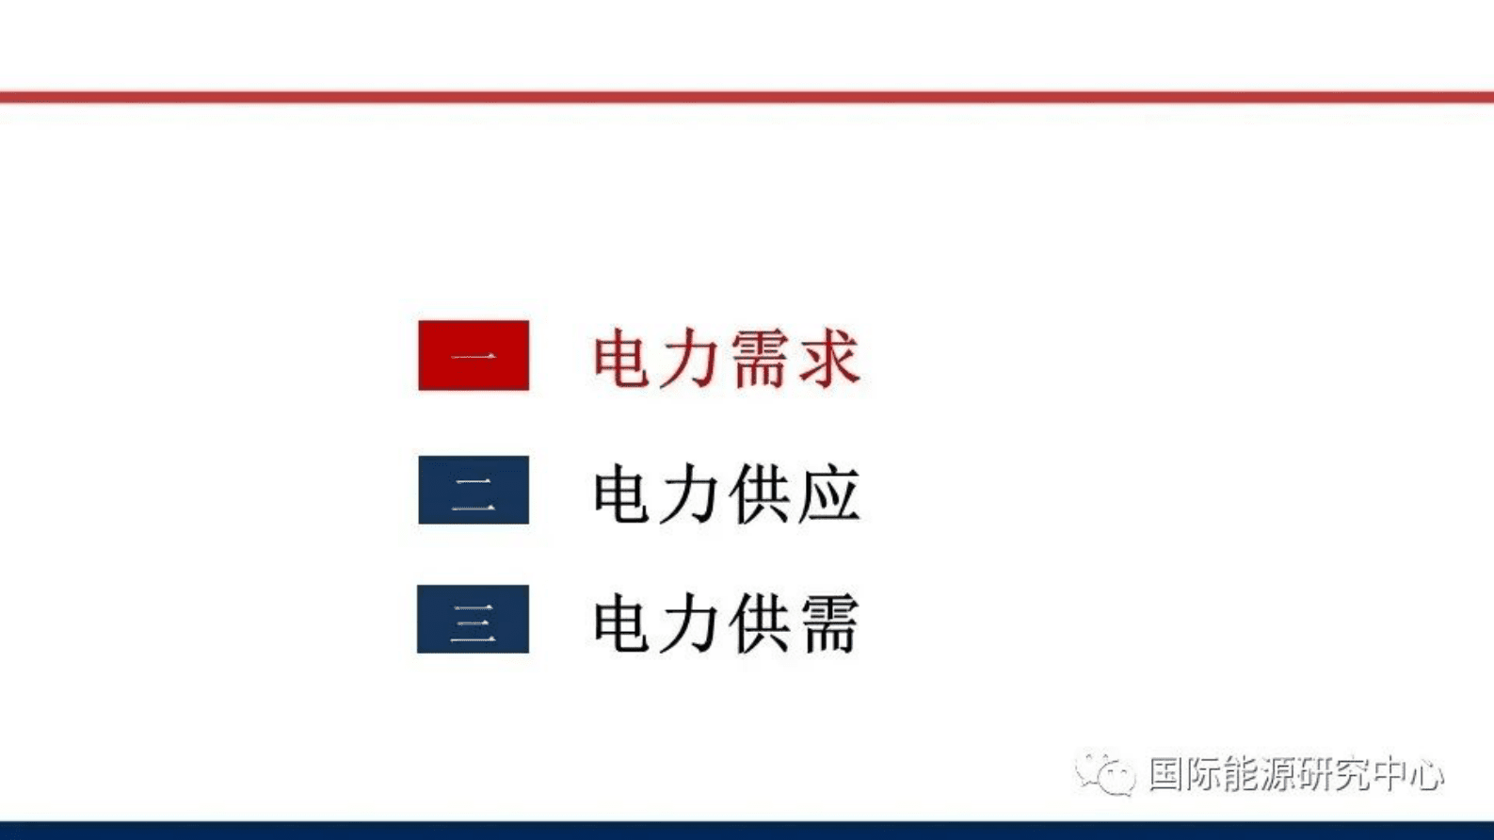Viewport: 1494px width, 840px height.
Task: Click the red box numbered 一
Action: pyautogui.click(x=474, y=355)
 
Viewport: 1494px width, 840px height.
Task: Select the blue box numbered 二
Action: pyautogui.click(x=474, y=490)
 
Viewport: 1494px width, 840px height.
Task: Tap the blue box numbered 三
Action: pyautogui.click(x=474, y=619)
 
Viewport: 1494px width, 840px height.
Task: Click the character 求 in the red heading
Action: pyautogui.click(x=828, y=358)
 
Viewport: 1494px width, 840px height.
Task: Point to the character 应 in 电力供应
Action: pyautogui.click(x=828, y=493)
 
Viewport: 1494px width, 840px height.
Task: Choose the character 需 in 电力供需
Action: pyautogui.click(x=828, y=622)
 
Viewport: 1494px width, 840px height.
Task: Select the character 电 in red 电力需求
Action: pyautogui.click(x=622, y=358)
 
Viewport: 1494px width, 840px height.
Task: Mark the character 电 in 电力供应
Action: pyautogui.click(x=622, y=493)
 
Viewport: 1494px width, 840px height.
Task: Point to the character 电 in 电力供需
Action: pyautogui.click(x=622, y=622)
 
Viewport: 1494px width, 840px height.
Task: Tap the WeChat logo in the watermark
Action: pyautogui.click(x=1105, y=774)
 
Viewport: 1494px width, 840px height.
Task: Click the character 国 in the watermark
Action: pyautogui.click(x=1167, y=774)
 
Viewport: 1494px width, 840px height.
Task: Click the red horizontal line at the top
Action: pyautogui.click(x=747, y=96)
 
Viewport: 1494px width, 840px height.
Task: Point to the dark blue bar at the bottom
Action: pyautogui.click(x=747, y=831)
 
